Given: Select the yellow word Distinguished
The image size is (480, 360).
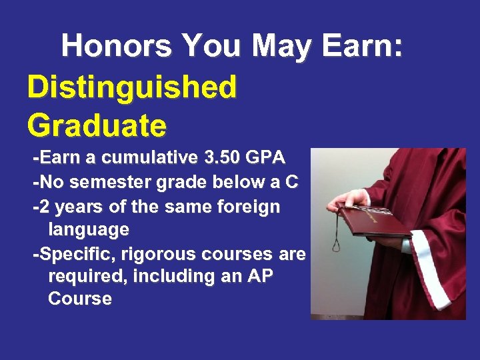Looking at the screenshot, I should (x=132, y=87).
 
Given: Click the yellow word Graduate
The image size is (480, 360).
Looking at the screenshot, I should (x=97, y=124).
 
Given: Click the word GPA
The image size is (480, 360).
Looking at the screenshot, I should (x=265, y=158).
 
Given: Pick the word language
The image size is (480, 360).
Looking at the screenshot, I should (x=89, y=231).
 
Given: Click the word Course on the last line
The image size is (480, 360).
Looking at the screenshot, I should (x=80, y=299).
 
